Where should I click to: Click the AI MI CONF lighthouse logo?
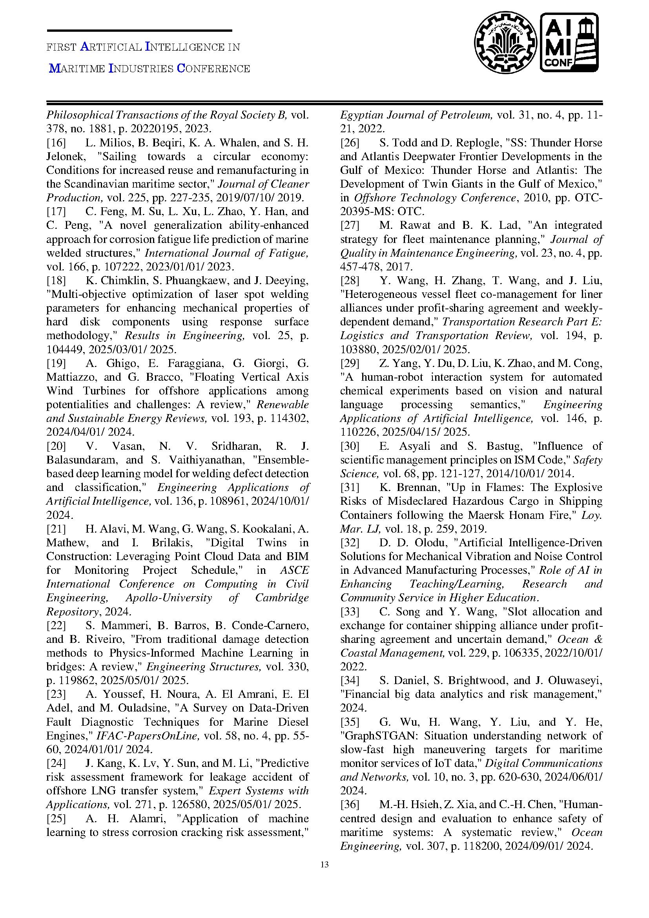(569, 42)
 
